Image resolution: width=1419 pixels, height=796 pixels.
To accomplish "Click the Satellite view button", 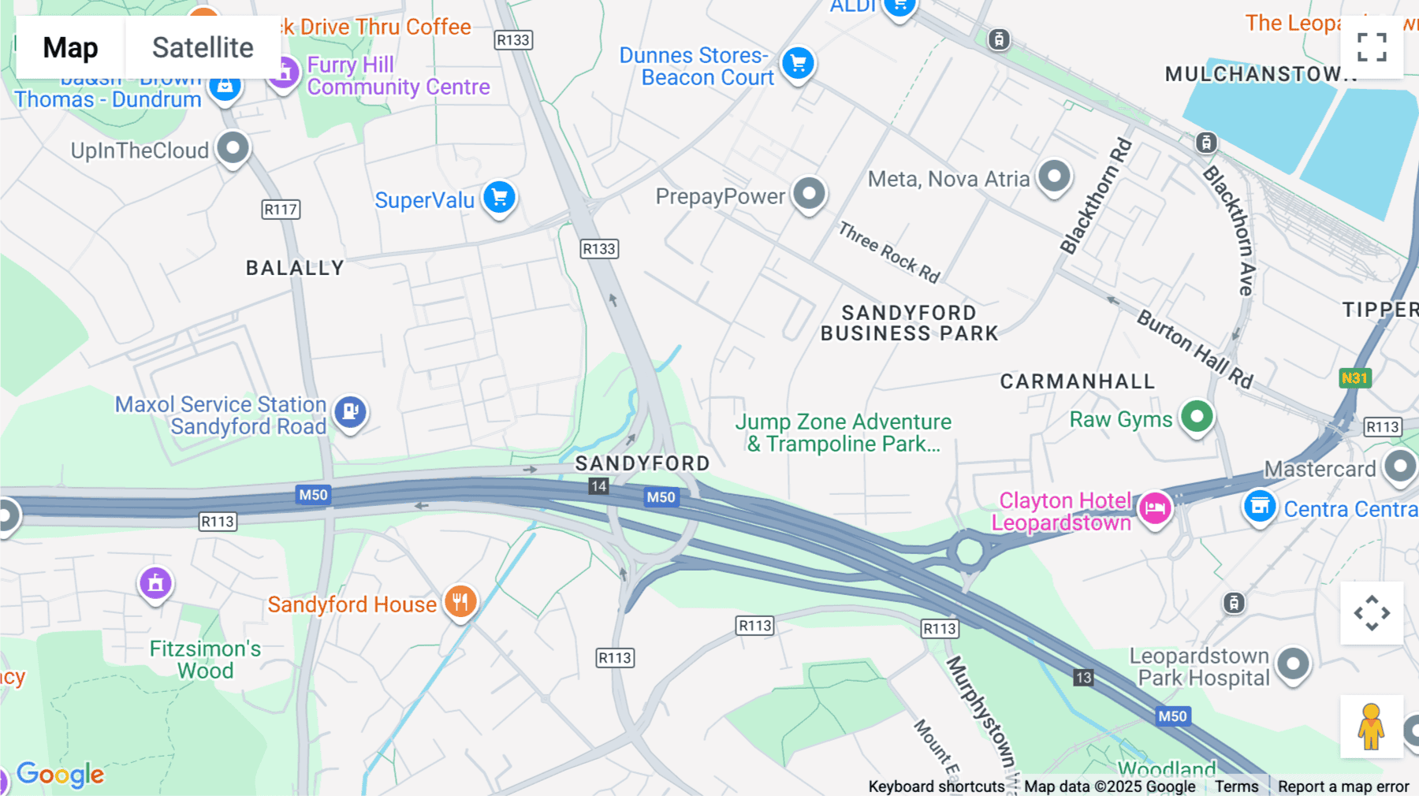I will (x=203, y=48).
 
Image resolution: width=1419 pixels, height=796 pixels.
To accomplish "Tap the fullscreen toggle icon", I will (x=1372, y=47).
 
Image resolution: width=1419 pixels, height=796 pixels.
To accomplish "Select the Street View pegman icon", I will (x=1371, y=727).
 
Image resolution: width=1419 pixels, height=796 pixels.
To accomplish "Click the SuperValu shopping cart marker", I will (x=499, y=197).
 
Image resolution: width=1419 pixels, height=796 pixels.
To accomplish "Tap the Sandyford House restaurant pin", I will (x=460, y=602).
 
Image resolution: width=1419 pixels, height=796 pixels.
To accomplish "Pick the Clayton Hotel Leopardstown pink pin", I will (x=1155, y=508).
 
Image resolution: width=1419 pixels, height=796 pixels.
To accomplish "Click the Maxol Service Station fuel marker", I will (x=350, y=411).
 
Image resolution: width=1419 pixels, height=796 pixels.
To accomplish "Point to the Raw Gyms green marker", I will (x=1197, y=416).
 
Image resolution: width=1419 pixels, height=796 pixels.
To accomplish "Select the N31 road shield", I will (x=1354, y=378).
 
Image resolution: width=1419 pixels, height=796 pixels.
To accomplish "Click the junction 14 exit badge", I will (x=598, y=486).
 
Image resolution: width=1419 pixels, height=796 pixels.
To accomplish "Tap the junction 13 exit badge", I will (x=1083, y=678).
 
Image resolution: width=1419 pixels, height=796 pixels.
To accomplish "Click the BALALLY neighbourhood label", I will (x=295, y=268).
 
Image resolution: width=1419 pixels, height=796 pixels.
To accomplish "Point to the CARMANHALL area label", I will (x=1077, y=381).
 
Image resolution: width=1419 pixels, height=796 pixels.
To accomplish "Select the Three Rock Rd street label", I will (x=888, y=252).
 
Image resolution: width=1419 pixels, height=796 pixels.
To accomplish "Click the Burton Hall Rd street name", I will (x=1194, y=349).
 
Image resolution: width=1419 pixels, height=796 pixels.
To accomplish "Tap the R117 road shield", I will (x=281, y=210).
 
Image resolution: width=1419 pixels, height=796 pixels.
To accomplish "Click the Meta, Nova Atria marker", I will (x=1054, y=177).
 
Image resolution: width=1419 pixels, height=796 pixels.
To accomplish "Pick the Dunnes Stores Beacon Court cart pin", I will (x=798, y=63).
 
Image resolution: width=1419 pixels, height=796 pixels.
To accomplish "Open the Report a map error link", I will (x=1343, y=787).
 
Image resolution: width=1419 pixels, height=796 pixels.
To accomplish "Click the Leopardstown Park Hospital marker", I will (x=1293, y=664).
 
